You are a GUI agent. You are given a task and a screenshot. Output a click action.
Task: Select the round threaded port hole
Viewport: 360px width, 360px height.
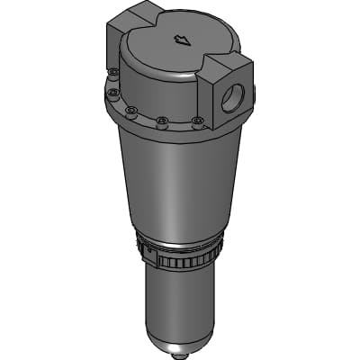(x=232, y=95)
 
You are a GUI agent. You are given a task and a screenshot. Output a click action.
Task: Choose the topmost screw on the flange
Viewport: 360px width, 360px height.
(x=112, y=75)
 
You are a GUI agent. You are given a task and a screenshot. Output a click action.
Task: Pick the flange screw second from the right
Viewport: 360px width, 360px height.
(x=162, y=120)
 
